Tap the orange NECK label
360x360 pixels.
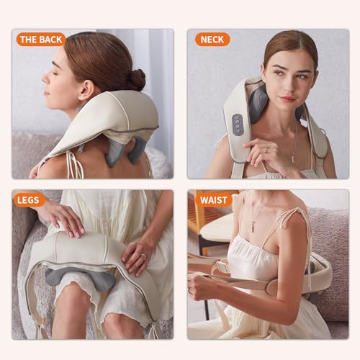tap(212, 39)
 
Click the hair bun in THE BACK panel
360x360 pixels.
tap(135, 78)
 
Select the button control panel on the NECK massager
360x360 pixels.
tap(238, 124)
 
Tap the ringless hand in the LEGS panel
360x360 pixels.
tap(63, 215)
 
